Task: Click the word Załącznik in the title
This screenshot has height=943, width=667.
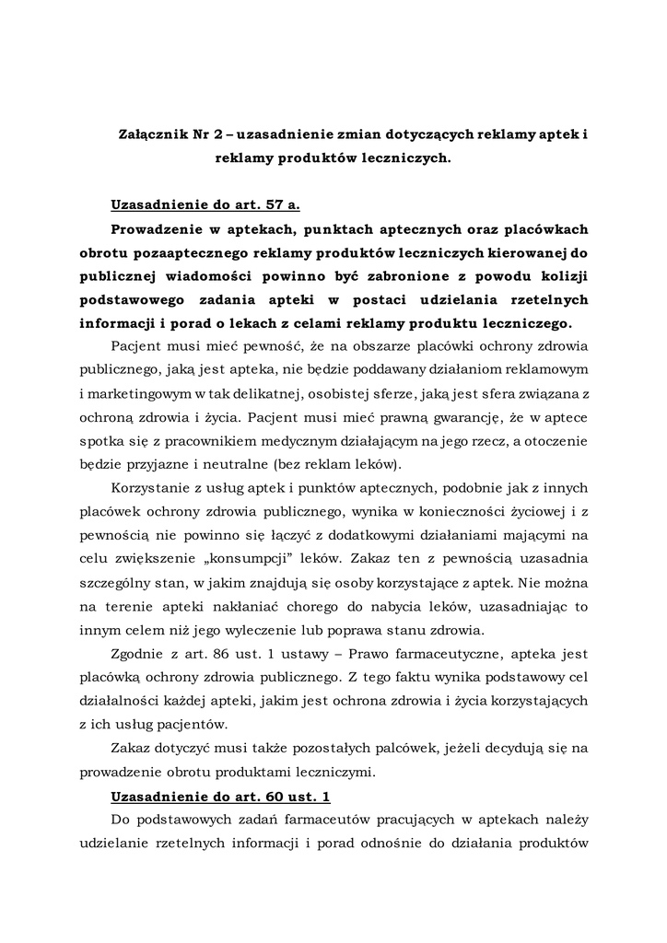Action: pyautogui.click(x=151, y=134)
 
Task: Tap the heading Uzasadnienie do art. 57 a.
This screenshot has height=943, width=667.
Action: pyautogui.click(x=205, y=204)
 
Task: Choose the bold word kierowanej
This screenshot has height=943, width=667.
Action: pyautogui.click(x=524, y=252)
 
